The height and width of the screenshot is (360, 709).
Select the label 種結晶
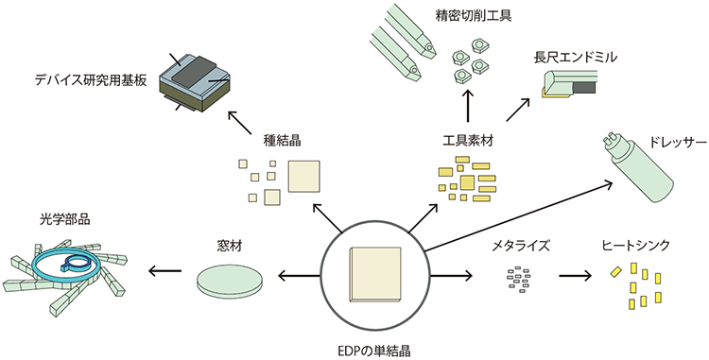click(282, 142)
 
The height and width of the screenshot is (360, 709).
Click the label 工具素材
click(469, 142)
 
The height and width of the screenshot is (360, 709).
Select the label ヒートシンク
click(635, 245)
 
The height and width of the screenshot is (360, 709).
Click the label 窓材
click(231, 246)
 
